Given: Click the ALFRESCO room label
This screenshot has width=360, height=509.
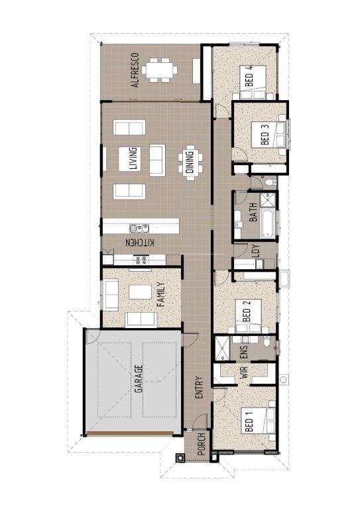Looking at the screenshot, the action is pyautogui.click(x=136, y=70).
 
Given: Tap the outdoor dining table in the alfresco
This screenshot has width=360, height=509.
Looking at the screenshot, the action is pyautogui.click(x=159, y=70).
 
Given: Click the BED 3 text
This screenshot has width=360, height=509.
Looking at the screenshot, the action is pyautogui.click(x=265, y=135).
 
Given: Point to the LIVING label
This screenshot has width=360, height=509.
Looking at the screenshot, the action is pyautogui.click(x=133, y=159).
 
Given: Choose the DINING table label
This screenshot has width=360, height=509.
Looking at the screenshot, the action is pyautogui.click(x=190, y=162).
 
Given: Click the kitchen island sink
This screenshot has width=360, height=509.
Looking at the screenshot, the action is pyautogui.click(x=139, y=229).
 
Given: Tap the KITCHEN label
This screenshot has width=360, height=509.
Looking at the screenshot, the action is pyautogui.click(x=140, y=243).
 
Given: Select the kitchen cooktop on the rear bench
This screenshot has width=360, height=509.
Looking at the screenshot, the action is pyautogui.click(x=142, y=260).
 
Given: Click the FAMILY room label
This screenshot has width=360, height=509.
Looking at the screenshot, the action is pyautogui.click(x=160, y=295).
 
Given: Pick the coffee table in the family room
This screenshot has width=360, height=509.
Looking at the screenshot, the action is pyautogui.click(x=141, y=292).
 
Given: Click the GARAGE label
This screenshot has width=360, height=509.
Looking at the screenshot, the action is pyautogui.click(x=139, y=379).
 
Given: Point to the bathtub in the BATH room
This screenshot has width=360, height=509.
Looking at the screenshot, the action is pyautogui.click(x=268, y=224).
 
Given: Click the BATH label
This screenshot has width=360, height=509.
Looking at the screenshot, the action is pyautogui.click(x=253, y=212).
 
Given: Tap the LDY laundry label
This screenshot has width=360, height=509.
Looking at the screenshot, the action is pyautogui.click(x=256, y=251).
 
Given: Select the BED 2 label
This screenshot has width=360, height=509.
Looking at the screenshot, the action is pyautogui.click(x=247, y=311).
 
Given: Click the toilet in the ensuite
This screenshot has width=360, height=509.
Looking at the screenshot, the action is pyautogui.click(x=267, y=341).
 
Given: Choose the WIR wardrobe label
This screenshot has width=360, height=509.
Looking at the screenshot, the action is pyautogui.click(x=245, y=372).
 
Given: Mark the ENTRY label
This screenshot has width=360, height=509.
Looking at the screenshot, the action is pyautogui.click(x=199, y=388).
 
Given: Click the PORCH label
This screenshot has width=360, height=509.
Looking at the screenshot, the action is pyautogui.click(x=202, y=444).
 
